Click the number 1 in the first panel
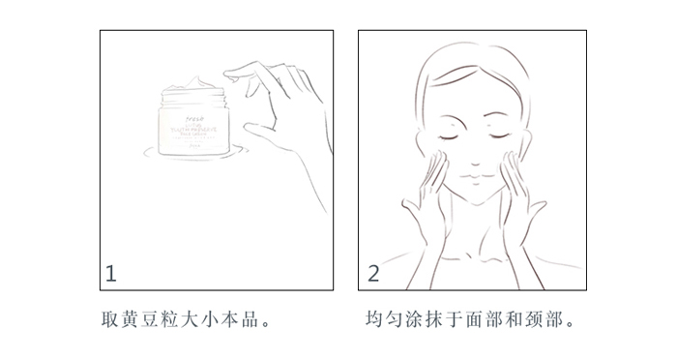click(x=111, y=274)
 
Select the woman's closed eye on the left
click(x=448, y=137)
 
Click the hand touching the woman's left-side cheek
click(x=427, y=198)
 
